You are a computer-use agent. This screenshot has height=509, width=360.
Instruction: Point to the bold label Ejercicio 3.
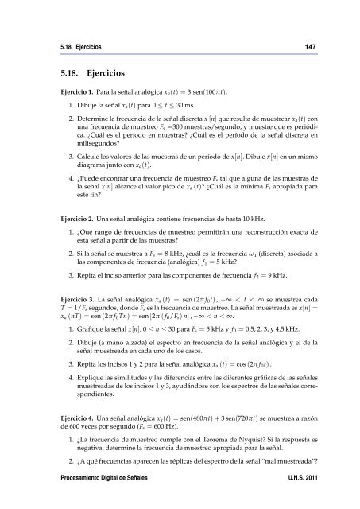[x=65, y=337]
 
